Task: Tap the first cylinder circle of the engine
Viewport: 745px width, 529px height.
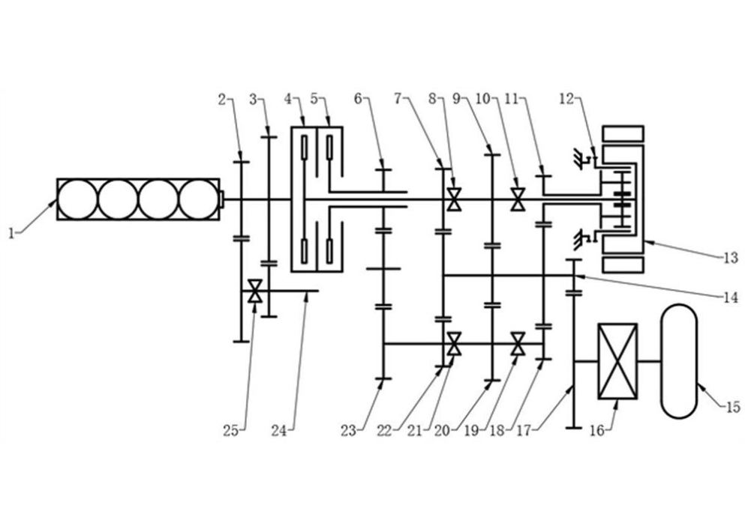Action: (x=77, y=199)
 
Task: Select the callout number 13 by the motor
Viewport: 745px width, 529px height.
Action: (x=729, y=259)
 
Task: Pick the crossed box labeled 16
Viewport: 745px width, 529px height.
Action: (x=617, y=360)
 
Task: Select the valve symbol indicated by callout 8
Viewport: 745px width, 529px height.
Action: (x=453, y=199)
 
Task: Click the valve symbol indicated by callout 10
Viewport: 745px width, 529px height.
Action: (x=517, y=199)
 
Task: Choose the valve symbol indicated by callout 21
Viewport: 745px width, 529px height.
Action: (x=453, y=344)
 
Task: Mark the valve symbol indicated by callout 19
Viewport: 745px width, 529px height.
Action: (x=517, y=344)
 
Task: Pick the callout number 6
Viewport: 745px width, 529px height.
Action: (x=357, y=99)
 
